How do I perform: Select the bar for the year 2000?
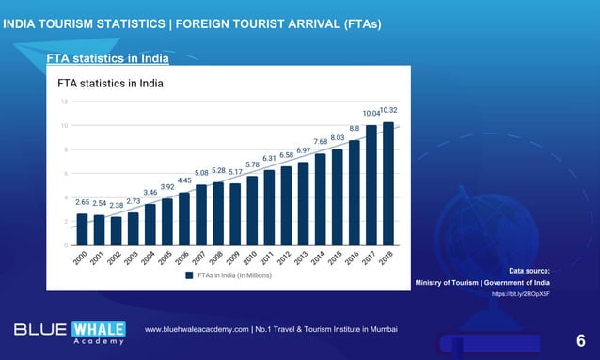(x=82, y=229)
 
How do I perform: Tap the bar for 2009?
(x=235, y=214)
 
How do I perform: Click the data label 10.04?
(x=371, y=114)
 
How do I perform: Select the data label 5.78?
(x=252, y=164)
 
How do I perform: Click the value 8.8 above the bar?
(x=354, y=128)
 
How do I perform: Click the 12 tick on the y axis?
(x=64, y=101)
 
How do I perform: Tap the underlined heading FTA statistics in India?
(x=108, y=59)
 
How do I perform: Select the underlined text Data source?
(x=529, y=271)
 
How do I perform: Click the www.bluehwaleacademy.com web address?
(x=196, y=330)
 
